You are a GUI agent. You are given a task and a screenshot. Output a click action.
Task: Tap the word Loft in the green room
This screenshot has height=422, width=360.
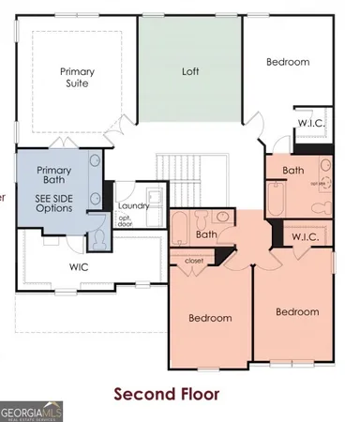190,70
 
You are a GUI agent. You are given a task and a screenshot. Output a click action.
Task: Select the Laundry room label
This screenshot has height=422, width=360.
133,206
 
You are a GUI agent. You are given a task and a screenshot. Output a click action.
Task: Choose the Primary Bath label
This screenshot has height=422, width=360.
54,176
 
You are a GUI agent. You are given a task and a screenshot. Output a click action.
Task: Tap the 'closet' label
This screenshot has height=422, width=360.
194,260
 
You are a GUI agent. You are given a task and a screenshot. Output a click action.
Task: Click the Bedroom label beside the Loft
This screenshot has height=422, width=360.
287,62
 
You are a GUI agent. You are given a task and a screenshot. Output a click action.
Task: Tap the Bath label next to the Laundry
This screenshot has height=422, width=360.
206,234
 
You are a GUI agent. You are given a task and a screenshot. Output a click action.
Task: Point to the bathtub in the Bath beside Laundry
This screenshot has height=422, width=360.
179,229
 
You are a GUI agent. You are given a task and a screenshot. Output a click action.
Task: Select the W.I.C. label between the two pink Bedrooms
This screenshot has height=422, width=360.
304,237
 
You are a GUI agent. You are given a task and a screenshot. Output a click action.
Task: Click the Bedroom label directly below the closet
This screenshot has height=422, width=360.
210,318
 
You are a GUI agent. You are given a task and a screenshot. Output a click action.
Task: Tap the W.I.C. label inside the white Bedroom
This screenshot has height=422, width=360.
311,123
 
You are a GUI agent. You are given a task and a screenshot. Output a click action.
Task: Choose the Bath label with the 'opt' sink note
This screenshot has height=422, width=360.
294,171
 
